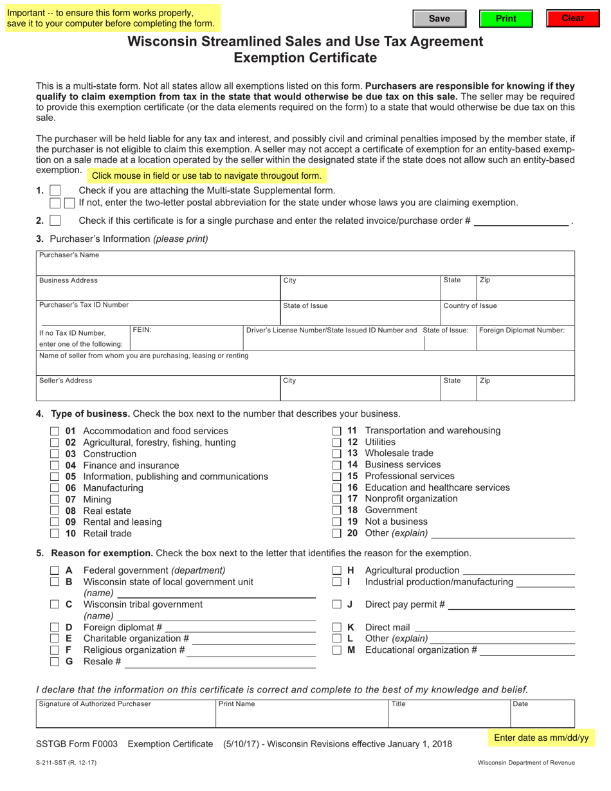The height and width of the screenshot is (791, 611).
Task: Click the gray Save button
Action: coord(439,19)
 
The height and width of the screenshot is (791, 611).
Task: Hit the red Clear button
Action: coord(572,19)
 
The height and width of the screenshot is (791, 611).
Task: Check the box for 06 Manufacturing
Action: coord(55,488)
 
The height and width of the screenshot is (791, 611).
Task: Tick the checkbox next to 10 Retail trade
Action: coord(55,534)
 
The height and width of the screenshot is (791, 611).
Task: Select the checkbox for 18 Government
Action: coord(336,511)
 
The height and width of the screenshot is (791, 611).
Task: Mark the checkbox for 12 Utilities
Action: coord(336,442)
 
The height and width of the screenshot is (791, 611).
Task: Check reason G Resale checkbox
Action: coord(55,662)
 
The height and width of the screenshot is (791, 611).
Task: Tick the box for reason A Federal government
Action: coord(55,570)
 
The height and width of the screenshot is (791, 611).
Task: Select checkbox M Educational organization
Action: coord(336,650)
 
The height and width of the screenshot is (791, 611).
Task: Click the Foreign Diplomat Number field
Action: coord(525,342)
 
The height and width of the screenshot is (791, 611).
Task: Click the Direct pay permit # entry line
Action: coord(511,605)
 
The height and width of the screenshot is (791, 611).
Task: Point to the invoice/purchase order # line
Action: coord(521,221)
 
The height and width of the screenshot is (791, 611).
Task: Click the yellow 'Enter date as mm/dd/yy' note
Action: coord(541,738)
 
